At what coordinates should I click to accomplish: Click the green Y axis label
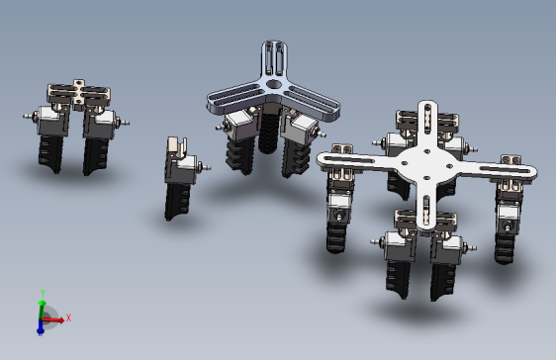[43, 293]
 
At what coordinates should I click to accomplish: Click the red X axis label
[68, 317]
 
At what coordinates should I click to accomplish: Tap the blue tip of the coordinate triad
[41, 331]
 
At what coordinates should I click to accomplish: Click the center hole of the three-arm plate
[273, 84]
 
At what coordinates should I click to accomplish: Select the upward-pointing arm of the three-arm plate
[274, 58]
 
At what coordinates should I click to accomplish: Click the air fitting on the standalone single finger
[205, 166]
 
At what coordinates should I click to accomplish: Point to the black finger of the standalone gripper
[178, 201]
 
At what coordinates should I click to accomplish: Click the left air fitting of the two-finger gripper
[30, 116]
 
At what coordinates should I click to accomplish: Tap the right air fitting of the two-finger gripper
[123, 123]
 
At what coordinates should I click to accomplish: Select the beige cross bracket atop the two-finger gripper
[79, 93]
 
